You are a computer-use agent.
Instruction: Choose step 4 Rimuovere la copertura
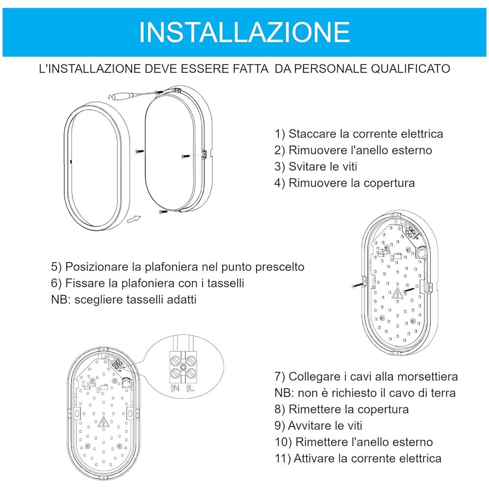point(345,183)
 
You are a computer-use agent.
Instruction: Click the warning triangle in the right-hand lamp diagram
point(397,294)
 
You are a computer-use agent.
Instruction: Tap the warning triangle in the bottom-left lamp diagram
point(103,423)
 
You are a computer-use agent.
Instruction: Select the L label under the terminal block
point(192,389)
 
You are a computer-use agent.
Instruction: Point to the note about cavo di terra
point(365,393)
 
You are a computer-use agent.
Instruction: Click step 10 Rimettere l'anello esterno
point(354,442)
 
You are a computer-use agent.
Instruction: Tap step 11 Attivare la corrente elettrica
point(358,458)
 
